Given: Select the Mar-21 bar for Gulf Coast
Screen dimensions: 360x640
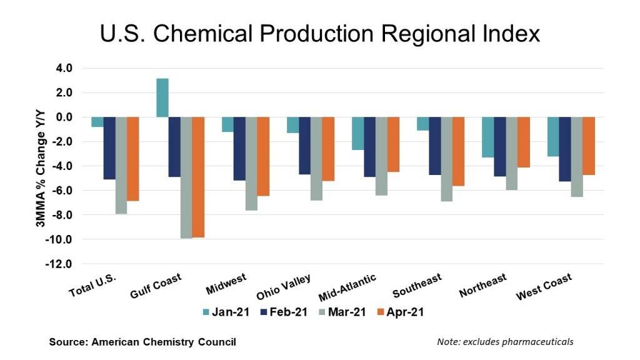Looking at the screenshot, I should coord(186,177).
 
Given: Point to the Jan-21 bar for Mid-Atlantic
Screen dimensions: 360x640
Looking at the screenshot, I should coord(358,133).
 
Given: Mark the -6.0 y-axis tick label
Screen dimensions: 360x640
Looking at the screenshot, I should coord(62,191).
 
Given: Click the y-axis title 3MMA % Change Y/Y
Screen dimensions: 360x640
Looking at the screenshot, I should coord(38,166).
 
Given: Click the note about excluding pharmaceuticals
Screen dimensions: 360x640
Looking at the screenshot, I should coord(506,342).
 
